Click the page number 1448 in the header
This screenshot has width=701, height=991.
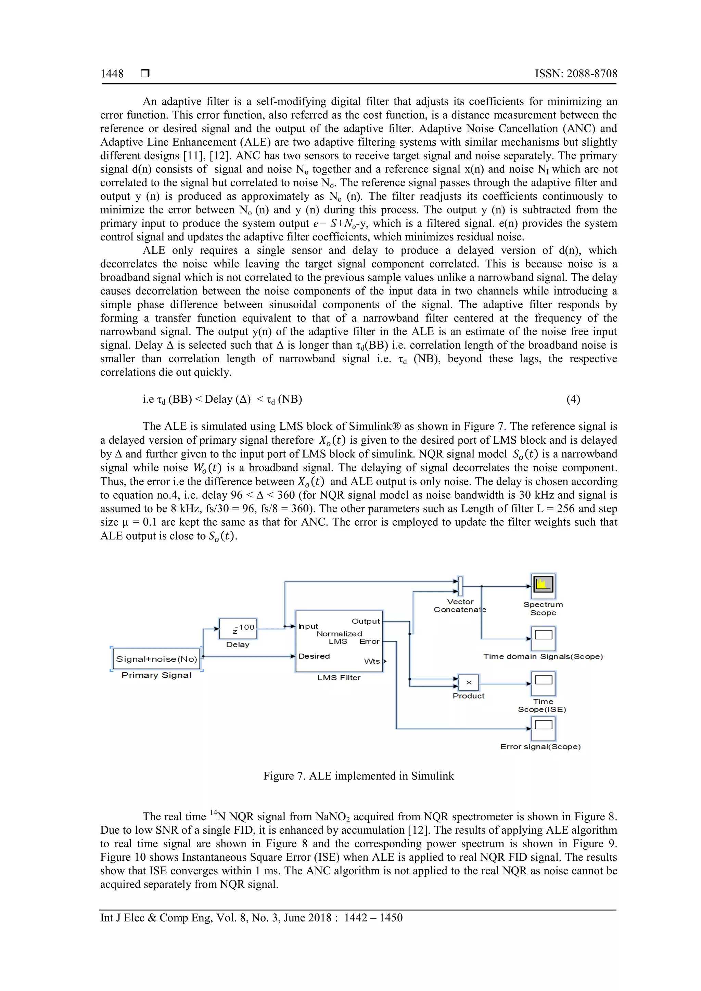(112, 74)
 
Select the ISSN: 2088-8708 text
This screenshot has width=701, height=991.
(576, 74)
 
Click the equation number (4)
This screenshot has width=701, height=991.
(573, 399)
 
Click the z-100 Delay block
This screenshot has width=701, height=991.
(238, 628)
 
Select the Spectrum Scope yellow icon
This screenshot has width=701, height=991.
(543, 585)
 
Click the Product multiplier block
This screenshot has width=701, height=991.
(469, 682)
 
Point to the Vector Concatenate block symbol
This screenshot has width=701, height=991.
(460, 586)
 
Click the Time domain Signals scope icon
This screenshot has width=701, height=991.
(543, 638)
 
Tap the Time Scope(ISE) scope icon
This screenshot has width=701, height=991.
(543, 683)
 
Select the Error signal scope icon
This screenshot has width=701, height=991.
(543, 728)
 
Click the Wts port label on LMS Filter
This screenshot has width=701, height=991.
(372, 661)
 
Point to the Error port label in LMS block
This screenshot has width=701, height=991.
(369, 641)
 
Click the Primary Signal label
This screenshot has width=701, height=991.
(156, 675)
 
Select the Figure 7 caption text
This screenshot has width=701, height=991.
(358, 776)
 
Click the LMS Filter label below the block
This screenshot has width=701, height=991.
(339, 678)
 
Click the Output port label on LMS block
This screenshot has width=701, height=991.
(366, 621)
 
